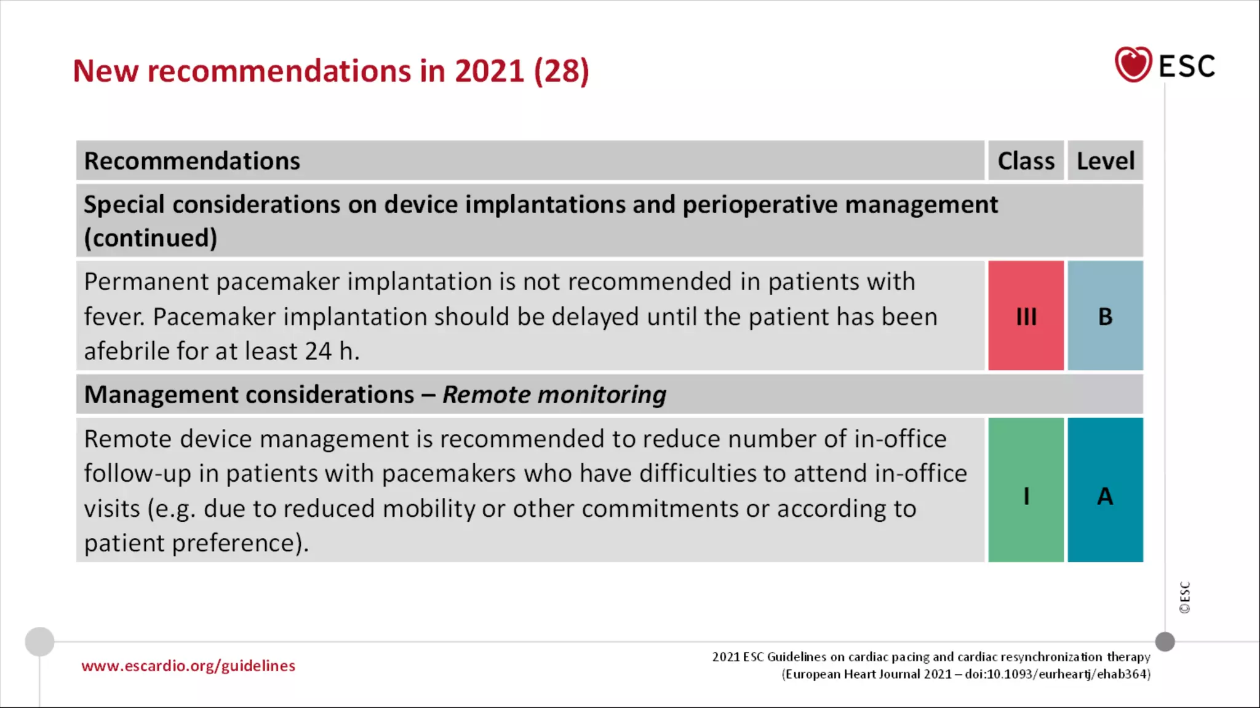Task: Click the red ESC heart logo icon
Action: (x=1133, y=64)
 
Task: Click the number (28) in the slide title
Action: (x=561, y=71)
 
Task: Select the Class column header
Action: (x=1026, y=161)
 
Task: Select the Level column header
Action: (x=1105, y=161)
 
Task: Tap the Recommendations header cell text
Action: (x=192, y=161)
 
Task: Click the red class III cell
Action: (x=1026, y=316)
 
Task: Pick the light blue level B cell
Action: (x=1105, y=316)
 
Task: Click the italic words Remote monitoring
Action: (x=554, y=395)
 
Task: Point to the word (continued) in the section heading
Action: (x=151, y=238)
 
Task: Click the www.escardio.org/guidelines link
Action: (x=188, y=666)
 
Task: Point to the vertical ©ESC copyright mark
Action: (x=1185, y=597)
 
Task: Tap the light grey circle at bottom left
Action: (x=39, y=642)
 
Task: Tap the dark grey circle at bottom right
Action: (x=1165, y=642)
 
